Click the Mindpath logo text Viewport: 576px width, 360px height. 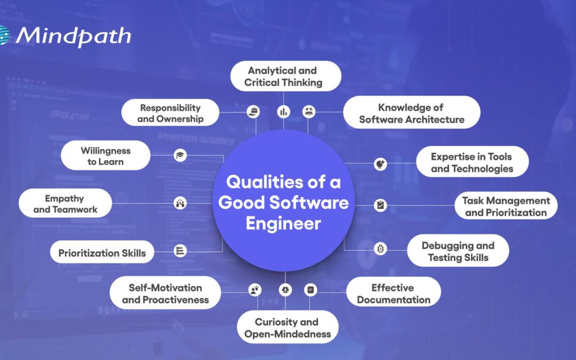73,36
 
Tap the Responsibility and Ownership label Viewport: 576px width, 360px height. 170,113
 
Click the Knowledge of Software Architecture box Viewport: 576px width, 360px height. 411,113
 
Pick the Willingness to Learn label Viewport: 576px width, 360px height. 106,155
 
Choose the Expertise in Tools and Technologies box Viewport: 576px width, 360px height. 471,162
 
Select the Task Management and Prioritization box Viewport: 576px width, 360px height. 506,206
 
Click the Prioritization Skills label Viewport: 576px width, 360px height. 102,253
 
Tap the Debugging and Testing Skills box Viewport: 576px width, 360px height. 458,251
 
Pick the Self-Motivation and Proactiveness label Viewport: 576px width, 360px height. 165,293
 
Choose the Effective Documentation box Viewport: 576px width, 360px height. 394,293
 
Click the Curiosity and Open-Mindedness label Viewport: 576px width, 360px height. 287,327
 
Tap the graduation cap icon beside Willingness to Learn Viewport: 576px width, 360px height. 180,155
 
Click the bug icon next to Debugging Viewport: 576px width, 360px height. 380,249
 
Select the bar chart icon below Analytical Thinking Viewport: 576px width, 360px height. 283,111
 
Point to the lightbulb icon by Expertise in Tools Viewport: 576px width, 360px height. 380,163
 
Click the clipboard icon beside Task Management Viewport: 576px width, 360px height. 380,205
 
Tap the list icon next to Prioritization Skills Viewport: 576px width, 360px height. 180,251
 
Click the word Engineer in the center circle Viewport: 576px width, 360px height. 283,222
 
